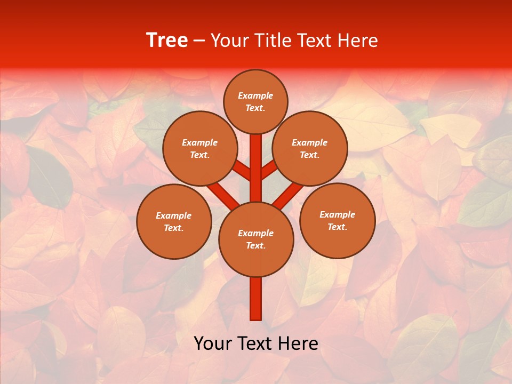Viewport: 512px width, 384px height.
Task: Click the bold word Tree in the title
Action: tap(167, 41)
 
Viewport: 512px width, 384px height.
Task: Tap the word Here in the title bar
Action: tap(356, 41)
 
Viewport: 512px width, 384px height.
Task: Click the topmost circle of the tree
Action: tap(255, 101)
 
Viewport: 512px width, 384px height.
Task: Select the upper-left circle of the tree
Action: tap(199, 149)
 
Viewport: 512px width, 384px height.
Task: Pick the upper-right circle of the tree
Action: tap(310, 149)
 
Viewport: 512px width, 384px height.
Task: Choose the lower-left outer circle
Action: tap(174, 221)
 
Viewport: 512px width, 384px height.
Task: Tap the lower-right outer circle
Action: tap(337, 220)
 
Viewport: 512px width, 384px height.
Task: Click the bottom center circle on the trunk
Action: tap(256, 239)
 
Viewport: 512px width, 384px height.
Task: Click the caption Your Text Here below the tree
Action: tap(256, 343)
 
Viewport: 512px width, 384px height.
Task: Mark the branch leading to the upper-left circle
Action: tap(242, 171)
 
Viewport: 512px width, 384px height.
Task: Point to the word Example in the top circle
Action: tap(255, 95)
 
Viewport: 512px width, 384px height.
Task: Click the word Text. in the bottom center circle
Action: tap(255, 246)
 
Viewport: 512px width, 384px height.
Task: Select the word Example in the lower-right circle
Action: tap(337, 214)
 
